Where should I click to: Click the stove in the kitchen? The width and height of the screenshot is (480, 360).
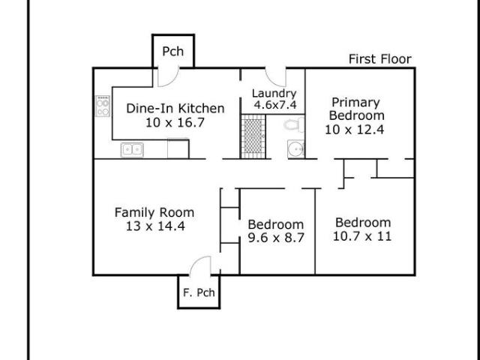[103, 106]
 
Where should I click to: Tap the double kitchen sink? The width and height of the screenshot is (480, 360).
[132, 150]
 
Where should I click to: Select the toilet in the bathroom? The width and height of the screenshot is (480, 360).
[294, 124]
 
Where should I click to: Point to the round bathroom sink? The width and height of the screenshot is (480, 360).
[296, 148]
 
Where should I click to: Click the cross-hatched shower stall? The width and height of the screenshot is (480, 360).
[253, 136]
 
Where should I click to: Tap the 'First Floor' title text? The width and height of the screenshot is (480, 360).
[380, 59]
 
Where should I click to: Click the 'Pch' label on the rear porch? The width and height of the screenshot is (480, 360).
[173, 52]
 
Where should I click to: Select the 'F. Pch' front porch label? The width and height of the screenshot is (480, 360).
[199, 292]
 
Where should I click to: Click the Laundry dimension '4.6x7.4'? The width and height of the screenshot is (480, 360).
[275, 105]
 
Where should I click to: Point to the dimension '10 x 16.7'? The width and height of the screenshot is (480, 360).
[175, 123]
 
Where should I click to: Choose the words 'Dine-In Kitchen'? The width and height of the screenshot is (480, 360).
[175, 108]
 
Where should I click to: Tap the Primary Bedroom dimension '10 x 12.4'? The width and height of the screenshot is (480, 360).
[355, 130]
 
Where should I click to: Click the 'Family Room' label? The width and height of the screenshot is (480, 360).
[154, 212]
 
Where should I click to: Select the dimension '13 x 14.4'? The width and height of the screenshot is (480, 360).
[155, 226]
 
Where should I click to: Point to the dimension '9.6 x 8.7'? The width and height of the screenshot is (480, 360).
[276, 238]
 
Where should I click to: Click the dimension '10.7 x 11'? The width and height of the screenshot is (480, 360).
[362, 236]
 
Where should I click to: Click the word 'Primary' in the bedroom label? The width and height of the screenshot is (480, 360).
[355, 103]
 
